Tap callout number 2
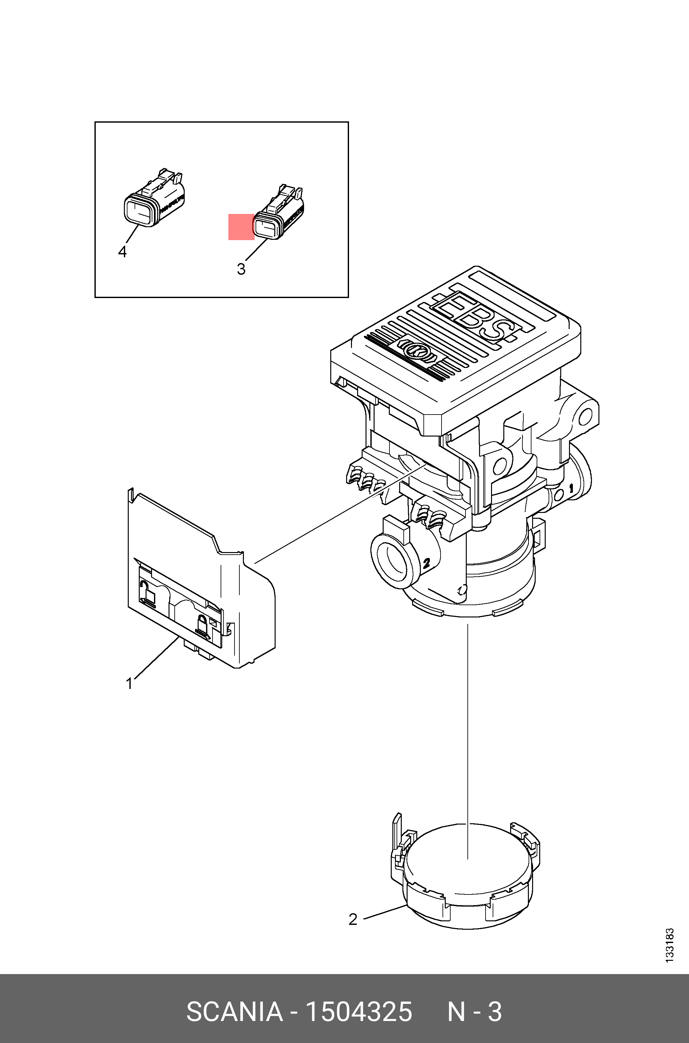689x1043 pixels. pyautogui.click(x=353, y=919)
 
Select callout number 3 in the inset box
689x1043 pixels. pyautogui.click(x=241, y=269)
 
